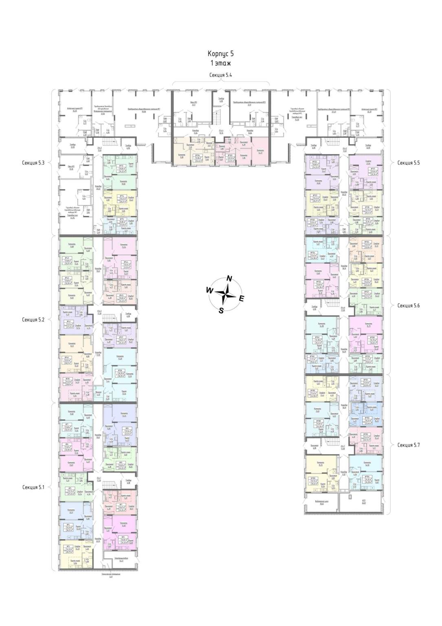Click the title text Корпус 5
tap(220, 54)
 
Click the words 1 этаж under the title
tap(220, 63)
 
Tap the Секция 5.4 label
tap(220, 75)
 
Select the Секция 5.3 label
tap(36, 163)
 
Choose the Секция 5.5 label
tap(409, 163)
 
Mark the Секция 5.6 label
tap(409, 305)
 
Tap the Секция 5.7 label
tap(409, 445)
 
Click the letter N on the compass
tap(229, 279)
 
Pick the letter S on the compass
tap(221, 311)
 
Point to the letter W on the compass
tap(209, 290)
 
